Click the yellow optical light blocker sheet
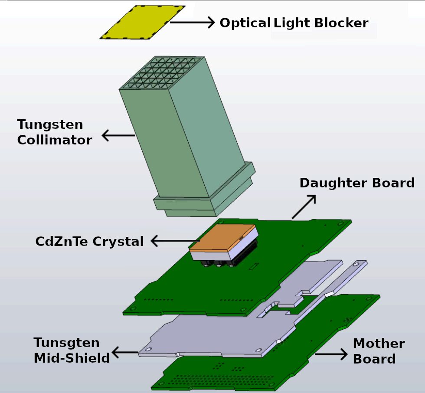[142, 23]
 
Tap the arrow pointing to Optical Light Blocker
[193, 22]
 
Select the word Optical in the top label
[245, 23]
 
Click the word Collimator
[55, 141]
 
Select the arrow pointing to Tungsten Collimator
[118, 136]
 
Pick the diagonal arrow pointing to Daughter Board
[304, 206]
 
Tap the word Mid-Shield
[72, 359]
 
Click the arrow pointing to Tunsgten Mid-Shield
[125, 352]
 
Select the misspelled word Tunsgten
[66, 343]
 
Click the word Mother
[379, 344]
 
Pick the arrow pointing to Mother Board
[331, 354]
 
